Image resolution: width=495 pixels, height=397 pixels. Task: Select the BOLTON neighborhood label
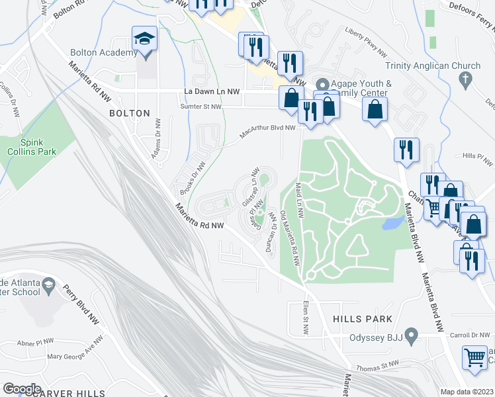click(130, 113)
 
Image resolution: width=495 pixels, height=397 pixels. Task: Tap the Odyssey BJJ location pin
click(411, 336)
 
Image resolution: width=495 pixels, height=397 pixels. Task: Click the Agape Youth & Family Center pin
click(322, 85)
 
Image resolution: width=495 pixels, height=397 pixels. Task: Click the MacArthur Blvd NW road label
click(267, 133)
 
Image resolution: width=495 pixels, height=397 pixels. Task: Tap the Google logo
click(22, 388)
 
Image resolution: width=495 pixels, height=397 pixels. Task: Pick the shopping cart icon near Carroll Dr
click(475, 358)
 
